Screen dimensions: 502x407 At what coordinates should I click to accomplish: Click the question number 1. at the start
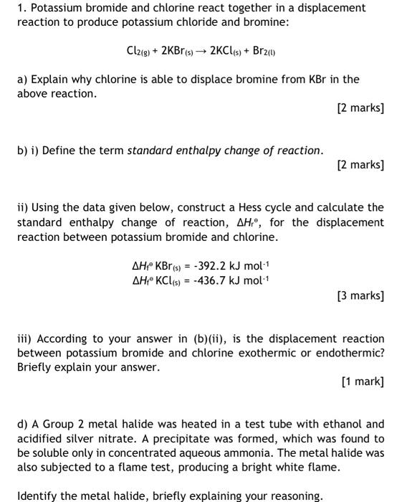point(21,8)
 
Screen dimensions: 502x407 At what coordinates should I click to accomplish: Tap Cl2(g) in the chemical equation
point(136,51)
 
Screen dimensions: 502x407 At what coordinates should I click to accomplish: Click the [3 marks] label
point(360,295)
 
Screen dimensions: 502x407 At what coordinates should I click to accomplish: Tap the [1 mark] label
point(363,382)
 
